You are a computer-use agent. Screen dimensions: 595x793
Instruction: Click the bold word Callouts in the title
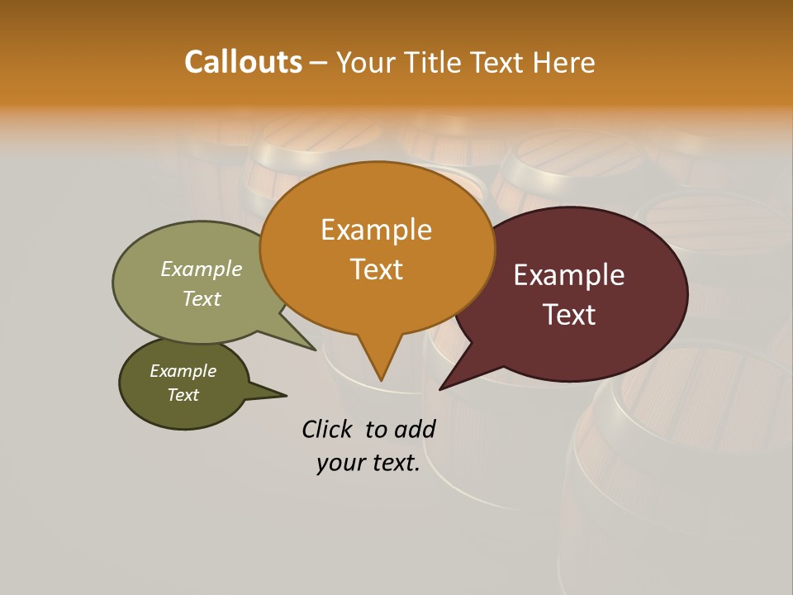click(243, 62)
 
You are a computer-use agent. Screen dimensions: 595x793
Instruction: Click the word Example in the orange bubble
click(376, 230)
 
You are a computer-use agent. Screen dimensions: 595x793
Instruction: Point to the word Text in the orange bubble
click(376, 269)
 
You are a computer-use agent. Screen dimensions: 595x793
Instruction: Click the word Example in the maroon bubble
click(569, 275)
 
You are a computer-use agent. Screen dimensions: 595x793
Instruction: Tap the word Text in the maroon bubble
click(569, 315)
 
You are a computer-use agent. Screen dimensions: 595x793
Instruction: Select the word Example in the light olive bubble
click(202, 269)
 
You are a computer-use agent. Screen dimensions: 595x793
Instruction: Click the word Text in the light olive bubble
click(202, 298)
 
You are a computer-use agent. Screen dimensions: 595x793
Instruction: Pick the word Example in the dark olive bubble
click(183, 371)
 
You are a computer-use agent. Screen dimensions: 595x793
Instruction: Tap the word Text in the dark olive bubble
click(183, 395)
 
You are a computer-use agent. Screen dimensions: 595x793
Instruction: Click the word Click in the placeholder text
click(326, 429)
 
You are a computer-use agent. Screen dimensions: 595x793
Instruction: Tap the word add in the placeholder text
click(415, 429)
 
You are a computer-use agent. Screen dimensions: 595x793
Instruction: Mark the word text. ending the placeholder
click(394, 464)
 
